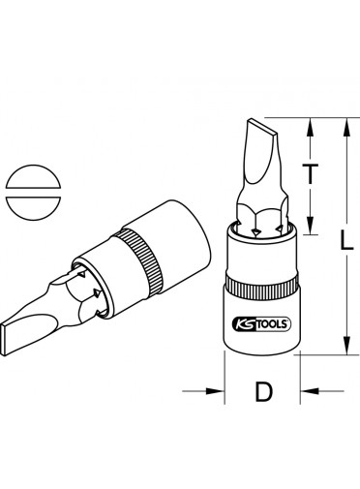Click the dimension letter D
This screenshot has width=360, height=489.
click(x=264, y=391)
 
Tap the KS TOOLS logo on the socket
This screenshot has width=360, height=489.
click(x=261, y=324)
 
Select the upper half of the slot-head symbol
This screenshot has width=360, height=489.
click(x=33, y=177)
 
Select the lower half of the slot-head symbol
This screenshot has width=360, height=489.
click(x=33, y=208)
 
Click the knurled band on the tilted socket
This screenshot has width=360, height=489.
click(x=139, y=261)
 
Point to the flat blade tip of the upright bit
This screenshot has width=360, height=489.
click(x=262, y=127)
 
